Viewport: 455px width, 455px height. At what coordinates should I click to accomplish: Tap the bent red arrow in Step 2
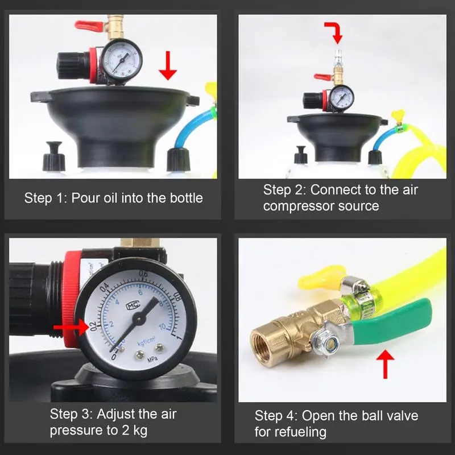click(335, 32)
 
